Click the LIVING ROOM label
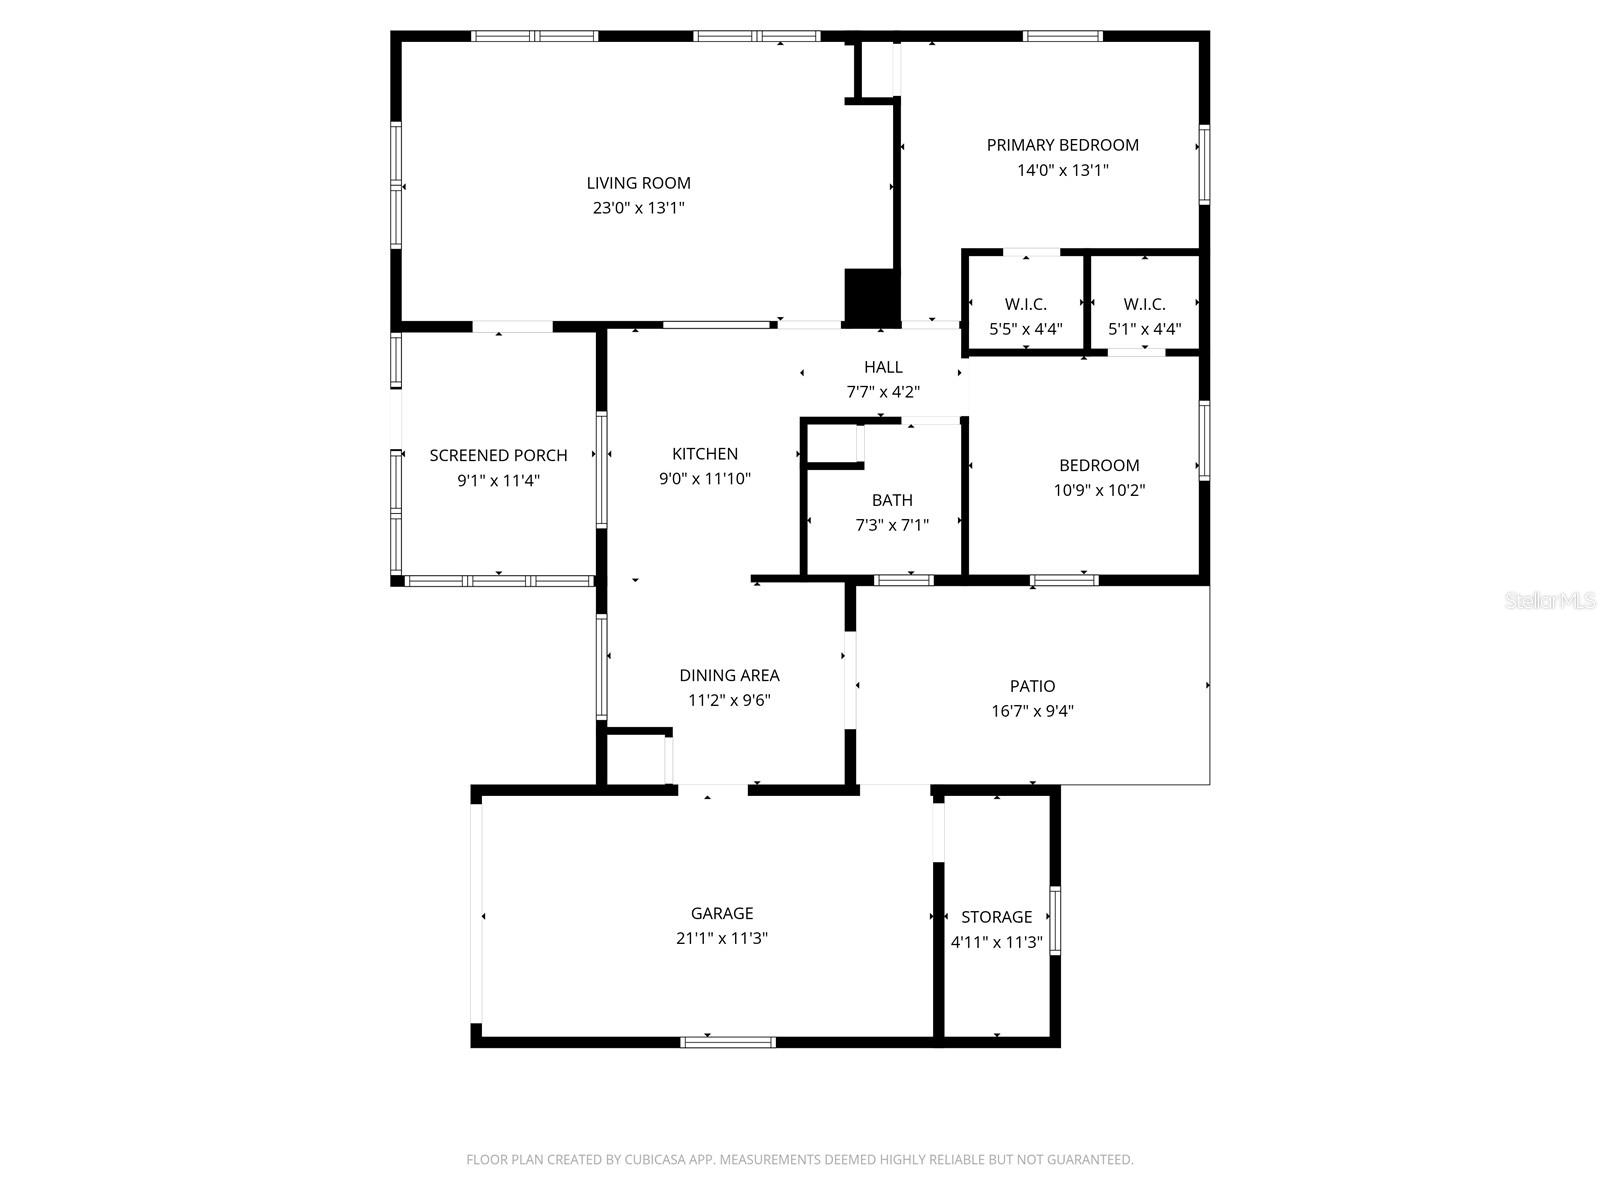[x=638, y=183]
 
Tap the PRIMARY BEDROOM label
[x=1062, y=145]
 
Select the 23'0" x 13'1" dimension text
[x=638, y=208]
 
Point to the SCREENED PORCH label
[x=498, y=455]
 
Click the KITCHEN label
[x=704, y=454]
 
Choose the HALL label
[x=883, y=367]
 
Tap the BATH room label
[x=891, y=500]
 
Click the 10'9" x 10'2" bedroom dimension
[x=1099, y=490]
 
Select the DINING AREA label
[x=729, y=676]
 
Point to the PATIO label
[x=1032, y=686]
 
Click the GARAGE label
[x=721, y=913]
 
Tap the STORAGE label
[x=996, y=917]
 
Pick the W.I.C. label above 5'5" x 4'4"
[x=1025, y=304]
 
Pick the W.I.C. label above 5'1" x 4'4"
[x=1144, y=304]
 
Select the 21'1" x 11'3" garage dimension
[x=721, y=938]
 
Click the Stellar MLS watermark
[x=1550, y=601]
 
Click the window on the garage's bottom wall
[x=727, y=1042]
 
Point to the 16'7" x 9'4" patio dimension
[x=1032, y=711]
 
